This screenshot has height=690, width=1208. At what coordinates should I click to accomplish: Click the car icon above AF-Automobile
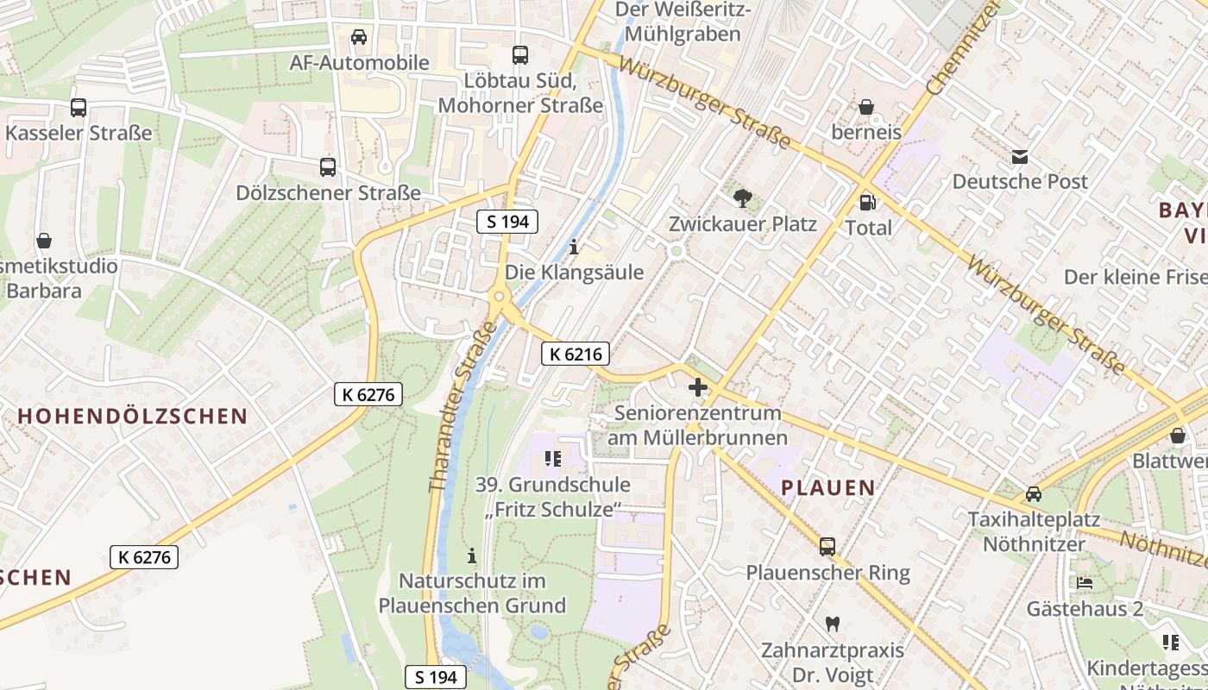pyautogui.click(x=359, y=37)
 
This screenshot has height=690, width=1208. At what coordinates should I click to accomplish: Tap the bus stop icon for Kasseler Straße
pyautogui.click(x=79, y=108)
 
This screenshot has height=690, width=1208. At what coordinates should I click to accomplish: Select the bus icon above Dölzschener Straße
pyautogui.click(x=328, y=166)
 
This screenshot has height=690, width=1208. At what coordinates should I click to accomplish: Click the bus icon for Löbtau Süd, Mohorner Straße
pyautogui.click(x=520, y=54)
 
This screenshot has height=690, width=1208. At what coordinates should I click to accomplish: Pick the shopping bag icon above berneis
pyautogui.click(x=866, y=107)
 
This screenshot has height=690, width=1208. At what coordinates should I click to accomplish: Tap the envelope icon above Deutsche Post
pyautogui.click(x=1020, y=156)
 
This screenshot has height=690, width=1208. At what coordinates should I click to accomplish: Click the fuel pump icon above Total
pyautogui.click(x=868, y=203)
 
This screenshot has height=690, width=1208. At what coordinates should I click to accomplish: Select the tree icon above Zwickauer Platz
pyautogui.click(x=742, y=198)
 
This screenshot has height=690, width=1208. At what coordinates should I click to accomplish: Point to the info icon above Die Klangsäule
pyautogui.click(x=575, y=248)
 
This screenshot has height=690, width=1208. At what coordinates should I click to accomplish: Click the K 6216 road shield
pyautogui.click(x=576, y=353)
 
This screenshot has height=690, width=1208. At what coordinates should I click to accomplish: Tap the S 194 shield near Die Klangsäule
pyautogui.click(x=507, y=222)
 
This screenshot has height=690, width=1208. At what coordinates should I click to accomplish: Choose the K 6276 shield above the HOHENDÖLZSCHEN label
pyautogui.click(x=368, y=394)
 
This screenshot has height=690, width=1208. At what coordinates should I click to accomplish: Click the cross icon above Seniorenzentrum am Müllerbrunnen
pyautogui.click(x=697, y=387)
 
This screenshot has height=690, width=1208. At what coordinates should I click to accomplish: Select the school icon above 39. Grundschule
pyautogui.click(x=553, y=459)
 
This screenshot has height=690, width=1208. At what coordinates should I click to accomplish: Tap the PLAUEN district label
pyautogui.click(x=828, y=487)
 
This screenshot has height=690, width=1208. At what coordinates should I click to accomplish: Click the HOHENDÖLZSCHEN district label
pyautogui.click(x=133, y=416)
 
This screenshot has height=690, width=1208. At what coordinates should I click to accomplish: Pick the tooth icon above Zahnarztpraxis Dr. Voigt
pyautogui.click(x=833, y=624)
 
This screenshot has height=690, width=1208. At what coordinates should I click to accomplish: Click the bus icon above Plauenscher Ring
pyautogui.click(x=827, y=546)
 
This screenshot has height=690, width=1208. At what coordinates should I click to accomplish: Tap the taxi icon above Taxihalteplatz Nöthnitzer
pyautogui.click(x=1034, y=494)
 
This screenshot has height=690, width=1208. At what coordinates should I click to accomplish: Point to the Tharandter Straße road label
pyautogui.click(x=464, y=407)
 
